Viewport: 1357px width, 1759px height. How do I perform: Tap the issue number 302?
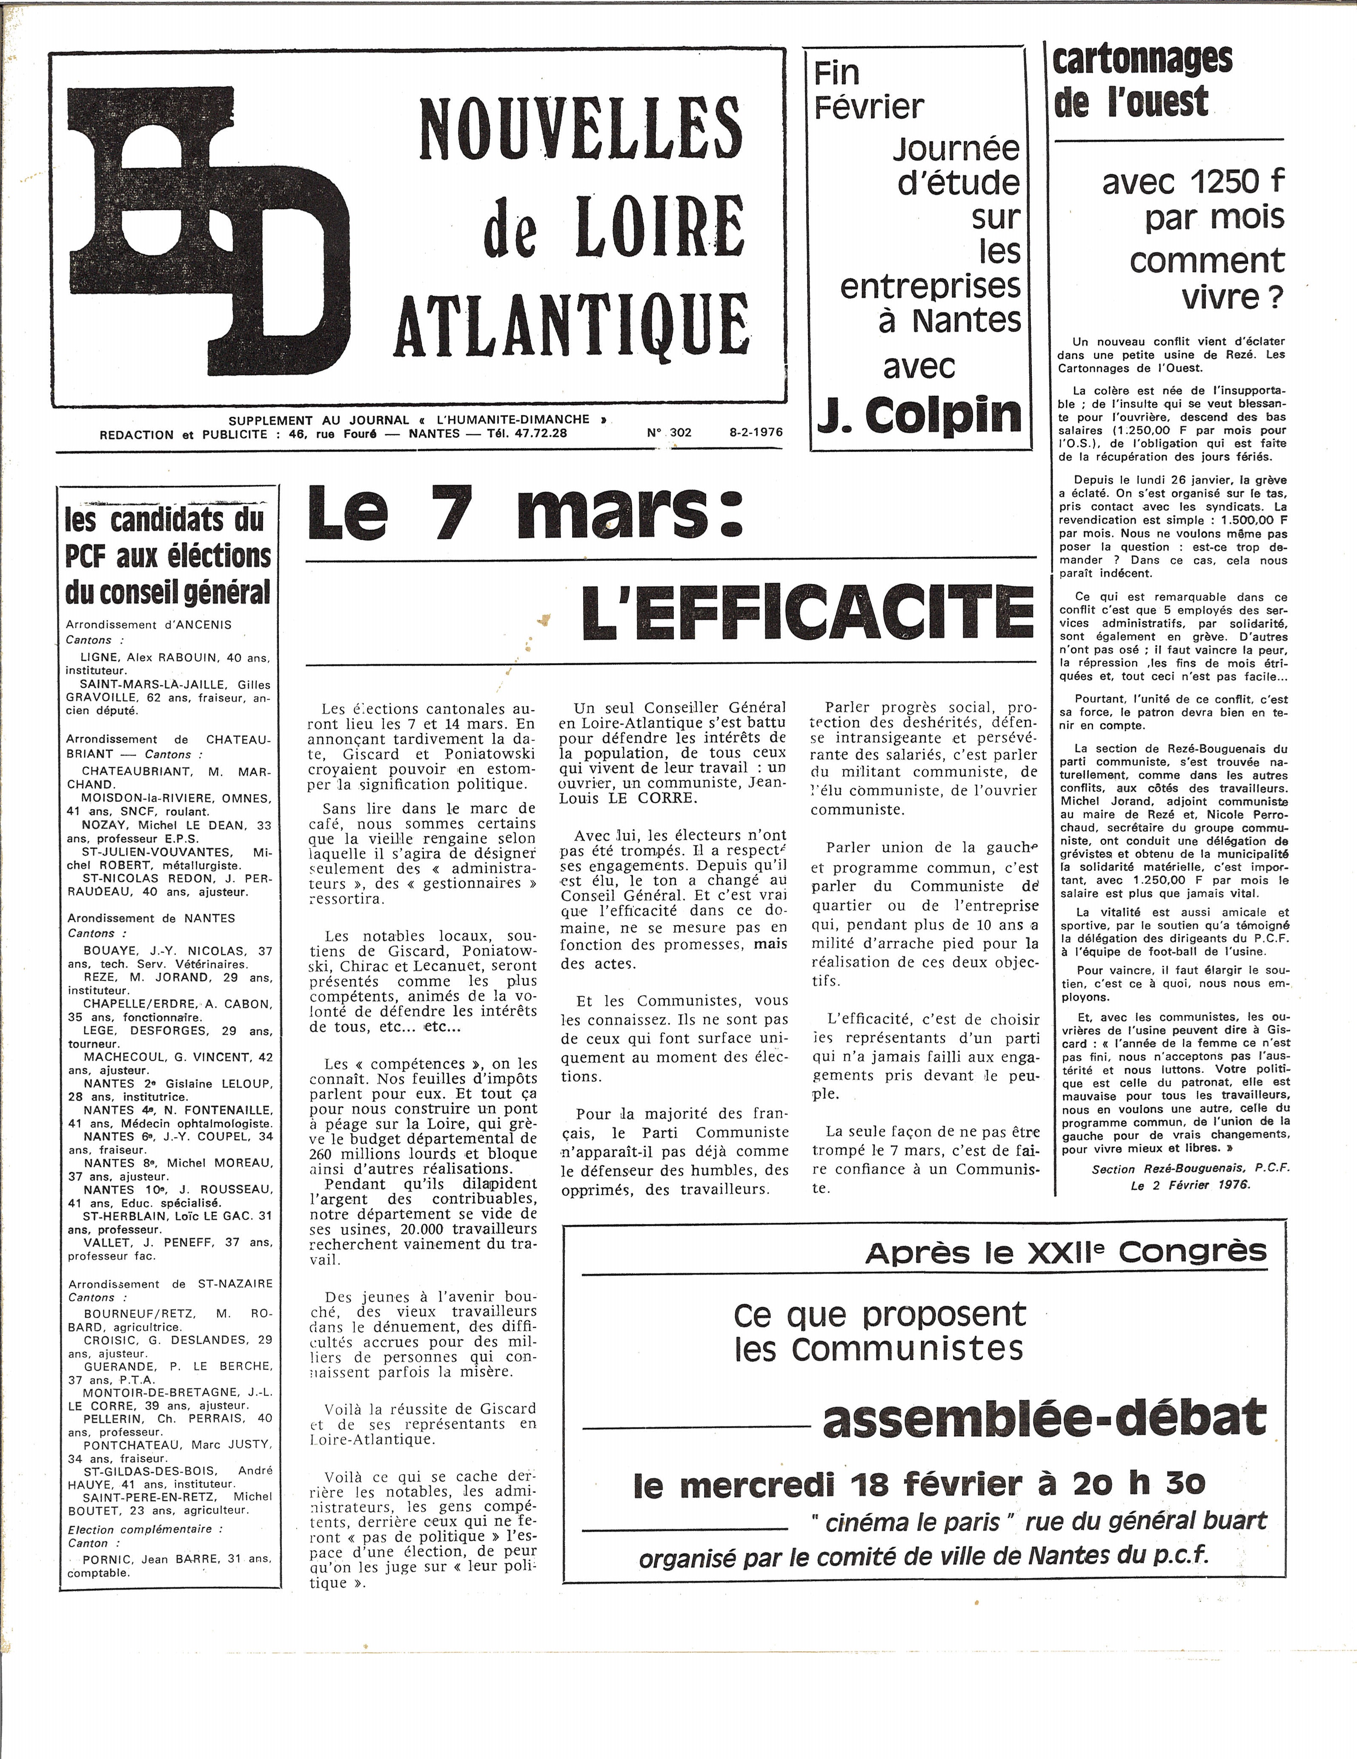point(681,432)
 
